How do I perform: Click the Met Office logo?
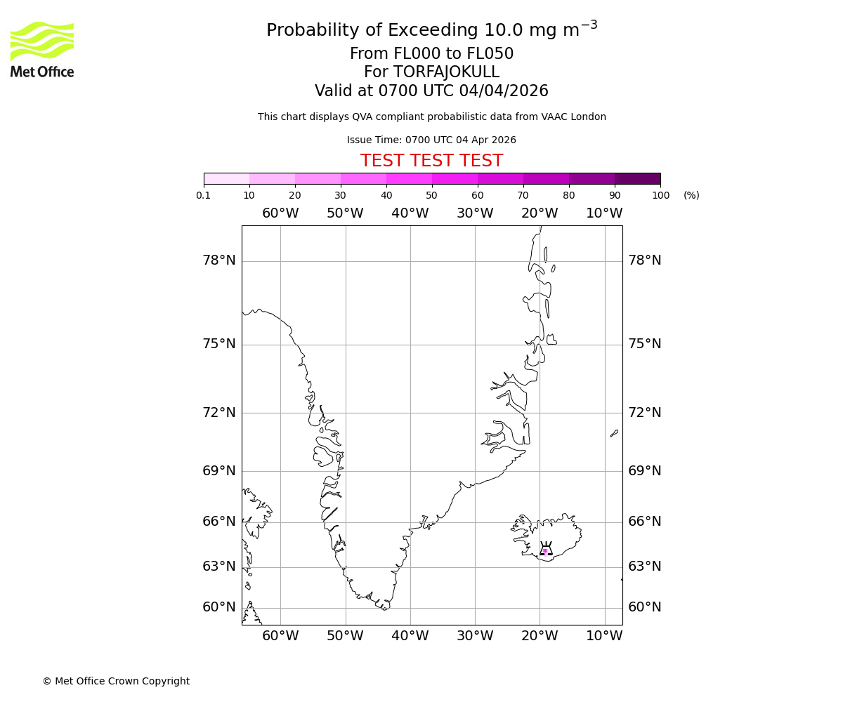coord(42,49)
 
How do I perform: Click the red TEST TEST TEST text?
coord(431,161)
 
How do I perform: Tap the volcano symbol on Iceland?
coord(545,549)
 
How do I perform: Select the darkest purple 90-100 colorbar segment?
coord(637,178)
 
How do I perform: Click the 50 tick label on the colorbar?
coord(431,195)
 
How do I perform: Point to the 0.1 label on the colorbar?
coord(204,195)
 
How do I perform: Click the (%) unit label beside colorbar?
coord(691,195)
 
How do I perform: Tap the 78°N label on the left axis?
coord(219,260)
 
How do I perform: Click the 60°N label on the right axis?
coord(644,607)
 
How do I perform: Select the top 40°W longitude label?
coord(410,213)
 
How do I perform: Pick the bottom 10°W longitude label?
coord(604,636)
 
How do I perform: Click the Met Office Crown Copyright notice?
coord(116,681)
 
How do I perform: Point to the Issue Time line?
coord(431,140)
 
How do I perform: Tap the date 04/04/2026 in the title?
coord(504,91)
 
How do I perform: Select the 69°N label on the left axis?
coord(219,471)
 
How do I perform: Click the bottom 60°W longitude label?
coord(280,636)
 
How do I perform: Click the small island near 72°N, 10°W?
coord(614,433)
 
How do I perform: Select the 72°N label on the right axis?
coord(644,413)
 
